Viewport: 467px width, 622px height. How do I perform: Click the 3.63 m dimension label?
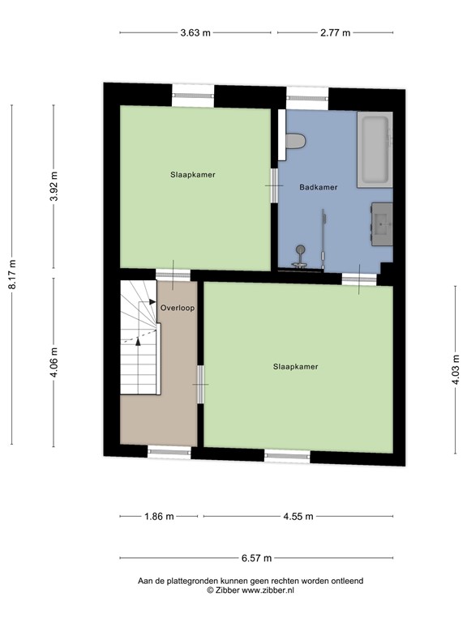pos(195,33)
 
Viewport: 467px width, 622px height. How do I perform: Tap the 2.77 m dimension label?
pos(335,33)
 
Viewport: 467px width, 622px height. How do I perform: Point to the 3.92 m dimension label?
pos(54,188)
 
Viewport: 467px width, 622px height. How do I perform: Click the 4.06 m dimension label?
pos(54,361)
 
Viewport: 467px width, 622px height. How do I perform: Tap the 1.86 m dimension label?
pos(158,516)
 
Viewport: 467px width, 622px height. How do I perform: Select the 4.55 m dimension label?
pos(297,516)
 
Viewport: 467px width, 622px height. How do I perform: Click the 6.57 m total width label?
pos(256,558)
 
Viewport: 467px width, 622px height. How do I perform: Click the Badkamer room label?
pos(318,187)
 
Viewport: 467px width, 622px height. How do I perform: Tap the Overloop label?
pos(177,308)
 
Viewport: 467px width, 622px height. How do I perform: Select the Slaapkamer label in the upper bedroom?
pos(192,174)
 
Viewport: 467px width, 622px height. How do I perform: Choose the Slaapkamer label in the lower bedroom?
pos(296,367)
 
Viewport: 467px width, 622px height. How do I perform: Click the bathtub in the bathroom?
pos(375,150)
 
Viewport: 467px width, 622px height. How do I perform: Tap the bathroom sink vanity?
pos(382,222)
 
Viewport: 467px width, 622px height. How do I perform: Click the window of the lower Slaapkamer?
pos(288,457)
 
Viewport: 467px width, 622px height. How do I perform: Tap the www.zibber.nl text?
pos(263,591)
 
